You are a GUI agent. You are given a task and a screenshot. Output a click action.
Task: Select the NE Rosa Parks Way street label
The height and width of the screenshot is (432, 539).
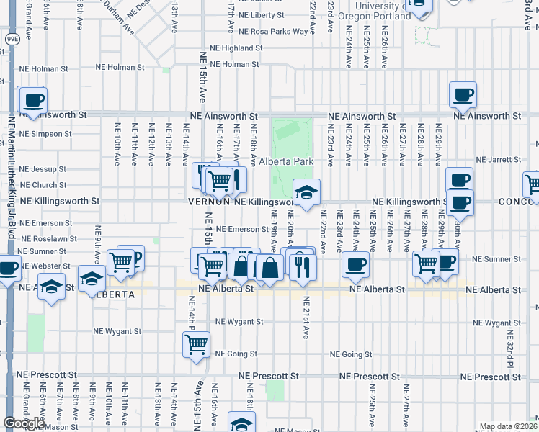[x=277, y=32]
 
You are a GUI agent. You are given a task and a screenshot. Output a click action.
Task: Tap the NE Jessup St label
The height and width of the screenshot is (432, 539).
[x=43, y=169]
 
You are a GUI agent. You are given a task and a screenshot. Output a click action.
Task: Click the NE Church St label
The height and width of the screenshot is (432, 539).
[x=43, y=185]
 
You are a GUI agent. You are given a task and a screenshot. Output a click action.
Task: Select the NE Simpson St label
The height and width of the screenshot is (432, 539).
[x=45, y=134]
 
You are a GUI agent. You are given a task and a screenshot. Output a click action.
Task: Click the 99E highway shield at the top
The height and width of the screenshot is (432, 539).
[x=12, y=40]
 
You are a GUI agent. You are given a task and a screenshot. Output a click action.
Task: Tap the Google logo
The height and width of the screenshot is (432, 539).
[x=24, y=423]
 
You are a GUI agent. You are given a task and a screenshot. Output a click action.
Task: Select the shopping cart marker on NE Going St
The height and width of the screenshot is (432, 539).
[x=196, y=346]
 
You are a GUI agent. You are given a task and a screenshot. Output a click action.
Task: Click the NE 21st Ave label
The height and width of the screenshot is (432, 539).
[x=306, y=318]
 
